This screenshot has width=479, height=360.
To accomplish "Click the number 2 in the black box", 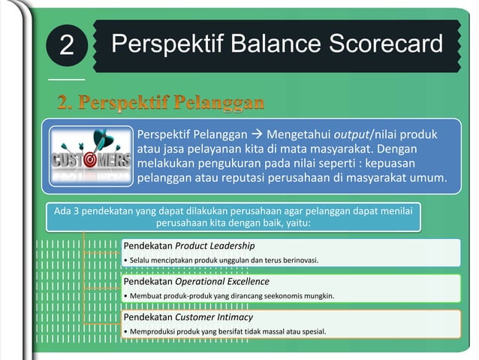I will (66, 47).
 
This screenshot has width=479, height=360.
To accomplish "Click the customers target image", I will (91, 156).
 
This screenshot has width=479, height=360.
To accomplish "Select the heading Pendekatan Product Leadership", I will (188, 246).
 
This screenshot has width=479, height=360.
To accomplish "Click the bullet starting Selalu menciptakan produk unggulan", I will (221, 260).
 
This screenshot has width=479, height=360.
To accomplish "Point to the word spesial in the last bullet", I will (313, 331).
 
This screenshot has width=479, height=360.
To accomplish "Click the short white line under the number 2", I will (66, 78).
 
